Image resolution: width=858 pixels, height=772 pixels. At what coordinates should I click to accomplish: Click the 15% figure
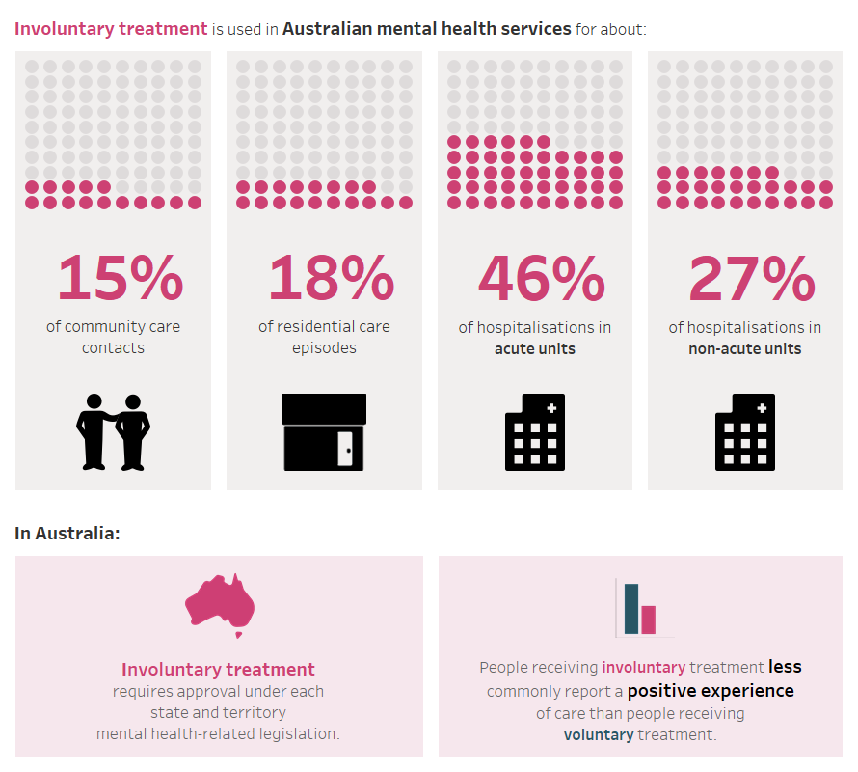120,278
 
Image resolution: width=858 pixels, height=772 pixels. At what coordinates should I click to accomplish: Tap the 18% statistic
331,278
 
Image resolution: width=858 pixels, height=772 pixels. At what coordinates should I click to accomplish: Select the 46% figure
541,278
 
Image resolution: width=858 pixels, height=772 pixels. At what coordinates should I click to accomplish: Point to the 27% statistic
751,278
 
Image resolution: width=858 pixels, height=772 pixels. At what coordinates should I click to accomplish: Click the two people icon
114,431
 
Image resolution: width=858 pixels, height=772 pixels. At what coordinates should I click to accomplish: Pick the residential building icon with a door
324,431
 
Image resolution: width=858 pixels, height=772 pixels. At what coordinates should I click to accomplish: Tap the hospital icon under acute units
535,431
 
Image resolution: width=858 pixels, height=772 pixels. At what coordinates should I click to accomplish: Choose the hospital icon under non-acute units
745,431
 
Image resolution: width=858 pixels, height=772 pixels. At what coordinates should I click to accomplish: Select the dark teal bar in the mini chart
631,609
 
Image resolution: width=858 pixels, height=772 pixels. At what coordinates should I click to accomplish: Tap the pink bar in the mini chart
649,620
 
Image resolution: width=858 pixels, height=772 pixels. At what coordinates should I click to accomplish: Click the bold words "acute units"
535,348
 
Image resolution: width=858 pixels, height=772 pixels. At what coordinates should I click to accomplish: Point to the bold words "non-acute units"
745,348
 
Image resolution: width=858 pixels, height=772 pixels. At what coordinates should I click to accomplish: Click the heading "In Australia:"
67,533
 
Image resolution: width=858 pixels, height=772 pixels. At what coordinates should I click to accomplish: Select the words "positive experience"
711,691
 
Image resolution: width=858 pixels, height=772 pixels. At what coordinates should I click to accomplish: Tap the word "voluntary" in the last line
599,735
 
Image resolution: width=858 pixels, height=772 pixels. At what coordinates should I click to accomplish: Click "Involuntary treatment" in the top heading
111,29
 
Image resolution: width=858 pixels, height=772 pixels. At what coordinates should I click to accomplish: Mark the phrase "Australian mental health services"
426,29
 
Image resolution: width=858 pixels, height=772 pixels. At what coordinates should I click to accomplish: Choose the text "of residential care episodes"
324,337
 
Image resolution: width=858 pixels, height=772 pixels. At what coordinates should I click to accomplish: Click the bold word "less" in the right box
785,667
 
